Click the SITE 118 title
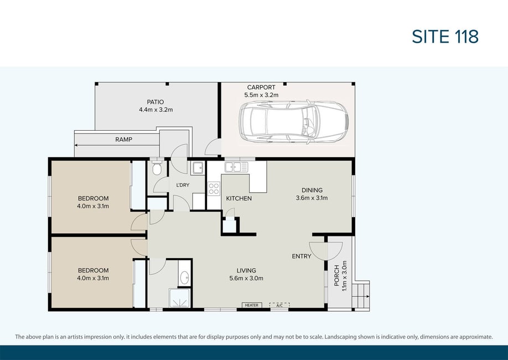[445, 37]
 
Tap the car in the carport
[293, 122]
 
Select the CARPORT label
[261, 88]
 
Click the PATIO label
[155, 102]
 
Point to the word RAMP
[124, 140]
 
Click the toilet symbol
[157, 167]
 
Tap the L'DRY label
[183, 185]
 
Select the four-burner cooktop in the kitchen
[214, 188]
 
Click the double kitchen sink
[236, 167]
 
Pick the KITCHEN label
[239, 198]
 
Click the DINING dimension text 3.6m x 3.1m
[312, 198]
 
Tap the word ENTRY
[302, 256]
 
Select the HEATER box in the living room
[252, 305]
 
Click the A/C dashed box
[279, 305]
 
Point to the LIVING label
[246, 270]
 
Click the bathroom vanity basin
[185, 277]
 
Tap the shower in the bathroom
[179, 298]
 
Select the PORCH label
[336, 276]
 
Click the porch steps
[361, 296]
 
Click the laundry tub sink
[197, 168]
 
